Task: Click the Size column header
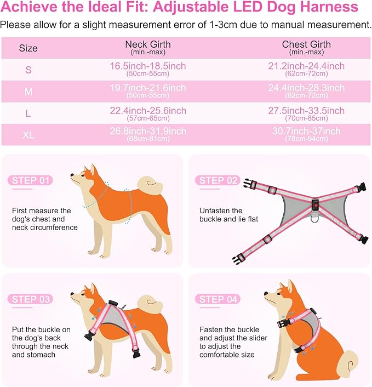pyautogui.click(x=28, y=48)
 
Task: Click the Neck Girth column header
pyautogui.click(x=148, y=47)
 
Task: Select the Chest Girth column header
pyautogui.click(x=307, y=47)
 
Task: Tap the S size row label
pyautogui.click(x=28, y=70)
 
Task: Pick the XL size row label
pyautogui.click(x=28, y=135)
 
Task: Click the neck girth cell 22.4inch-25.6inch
pyautogui.click(x=148, y=113)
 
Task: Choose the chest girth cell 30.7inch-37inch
pyautogui.click(x=307, y=134)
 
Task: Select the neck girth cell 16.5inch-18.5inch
pyautogui.click(x=148, y=69)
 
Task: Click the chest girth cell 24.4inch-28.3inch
pyautogui.click(x=307, y=91)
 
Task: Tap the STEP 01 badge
pyautogui.click(x=31, y=180)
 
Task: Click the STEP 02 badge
pyautogui.click(x=219, y=180)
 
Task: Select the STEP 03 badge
pyautogui.click(x=31, y=299)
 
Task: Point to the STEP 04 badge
pyautogui.click(x=219, y=299)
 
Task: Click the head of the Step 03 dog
pyautogui.click(x=83, y=297)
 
